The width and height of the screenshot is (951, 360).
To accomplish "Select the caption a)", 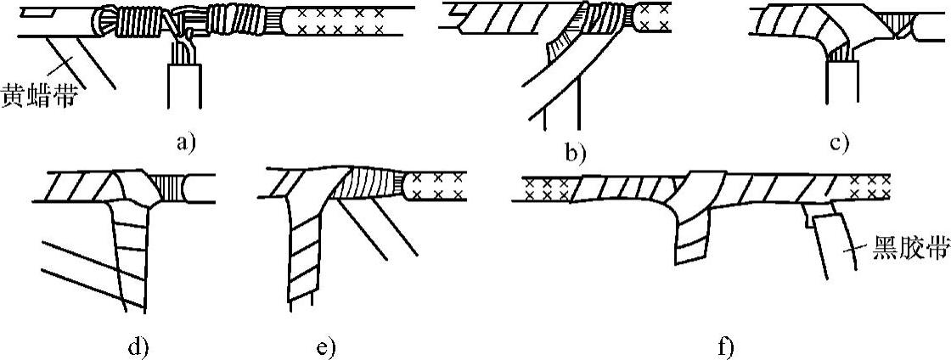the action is [185, 143].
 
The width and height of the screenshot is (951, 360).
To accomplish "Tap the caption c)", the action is [839, 143].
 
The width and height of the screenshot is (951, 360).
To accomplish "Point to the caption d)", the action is [137, 346].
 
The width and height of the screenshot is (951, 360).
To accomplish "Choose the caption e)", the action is [324, 346].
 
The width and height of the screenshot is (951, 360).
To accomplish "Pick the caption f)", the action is [724, 346].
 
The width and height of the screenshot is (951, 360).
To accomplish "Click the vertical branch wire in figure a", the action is [184, 85].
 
